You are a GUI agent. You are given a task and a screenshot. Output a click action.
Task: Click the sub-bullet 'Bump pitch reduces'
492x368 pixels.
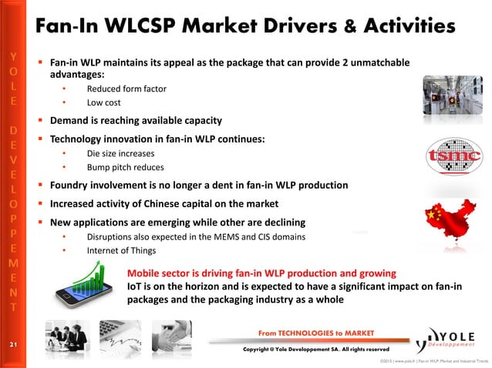pyautogui.click(x=125, y=167)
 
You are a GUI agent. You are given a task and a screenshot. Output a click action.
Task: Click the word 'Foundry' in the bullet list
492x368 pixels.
pyautogui.click(x=72, y=186)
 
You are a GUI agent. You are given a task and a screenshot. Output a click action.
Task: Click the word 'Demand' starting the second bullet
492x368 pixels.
pyautogui.click(x=71, y=121)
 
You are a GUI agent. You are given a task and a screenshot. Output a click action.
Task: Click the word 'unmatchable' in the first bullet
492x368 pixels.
pyautogui.click(x=376, y=62)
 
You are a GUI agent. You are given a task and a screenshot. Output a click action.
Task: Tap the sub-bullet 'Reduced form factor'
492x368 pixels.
pyautogui.click(x=126, y=89)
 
